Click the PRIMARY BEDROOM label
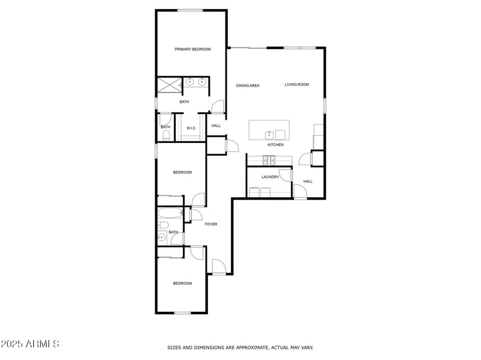192,49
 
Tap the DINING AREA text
247,86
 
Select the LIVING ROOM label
296,85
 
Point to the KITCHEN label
275,145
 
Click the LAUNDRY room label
270,177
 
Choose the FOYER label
210,224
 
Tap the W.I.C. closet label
192,128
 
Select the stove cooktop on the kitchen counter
269,159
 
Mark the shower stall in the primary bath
169,85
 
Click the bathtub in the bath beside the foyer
169,213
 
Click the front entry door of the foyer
219,267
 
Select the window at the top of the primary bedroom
189,10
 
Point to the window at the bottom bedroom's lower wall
183,313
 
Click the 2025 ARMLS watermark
30,344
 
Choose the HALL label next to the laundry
308,182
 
